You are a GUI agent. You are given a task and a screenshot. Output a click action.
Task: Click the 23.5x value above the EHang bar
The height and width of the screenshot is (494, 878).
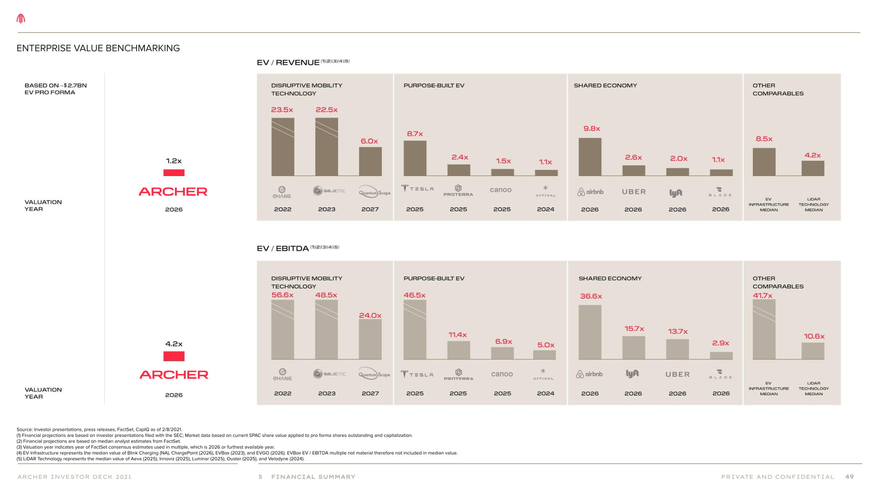pyautogui.click(x=282, y=110)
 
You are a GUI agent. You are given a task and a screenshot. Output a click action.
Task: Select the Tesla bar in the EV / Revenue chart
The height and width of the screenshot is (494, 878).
pyautogui.click(x=415, y=158)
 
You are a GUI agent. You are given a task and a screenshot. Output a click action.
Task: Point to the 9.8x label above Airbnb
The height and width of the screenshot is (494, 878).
pyautogui.click(x=591, y=129)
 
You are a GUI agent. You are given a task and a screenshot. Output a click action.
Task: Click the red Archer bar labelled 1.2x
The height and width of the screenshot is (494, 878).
pyautogui.click(x=174, y=173)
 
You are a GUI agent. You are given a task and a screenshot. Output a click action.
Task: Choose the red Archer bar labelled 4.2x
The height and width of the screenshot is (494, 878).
pyautogui.click(x=174, y=356)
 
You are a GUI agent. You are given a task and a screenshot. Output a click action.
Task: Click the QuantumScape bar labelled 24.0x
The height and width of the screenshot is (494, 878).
pyautogui.click(x=370, y=339)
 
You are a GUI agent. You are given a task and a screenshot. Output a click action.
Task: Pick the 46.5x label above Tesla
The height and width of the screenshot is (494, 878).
pyautogui.click(x=414, y=295)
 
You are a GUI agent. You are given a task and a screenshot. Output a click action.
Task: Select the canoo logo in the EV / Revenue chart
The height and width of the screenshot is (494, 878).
pyautogui.click(x=501, y=190)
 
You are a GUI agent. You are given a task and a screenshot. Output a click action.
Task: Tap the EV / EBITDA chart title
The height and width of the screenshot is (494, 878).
pyautogui.click(x=283, y=249)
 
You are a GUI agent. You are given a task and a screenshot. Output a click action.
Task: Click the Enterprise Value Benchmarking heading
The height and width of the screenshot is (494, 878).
pyautogui.click(x=98, y=48)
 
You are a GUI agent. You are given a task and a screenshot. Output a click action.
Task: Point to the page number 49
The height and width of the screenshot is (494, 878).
pyautogui.click(x=849, y=477)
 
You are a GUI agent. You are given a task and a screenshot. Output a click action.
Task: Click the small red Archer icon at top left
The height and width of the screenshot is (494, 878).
pyautogui.click(x=21, y=18)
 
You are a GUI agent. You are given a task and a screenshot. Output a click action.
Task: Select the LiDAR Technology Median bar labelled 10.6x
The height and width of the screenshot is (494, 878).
pyautogui.click(x=813, y=351)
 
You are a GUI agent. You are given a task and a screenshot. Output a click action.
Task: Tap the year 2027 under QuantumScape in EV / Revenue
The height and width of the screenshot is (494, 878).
pyautogui.click(x=370, y=209)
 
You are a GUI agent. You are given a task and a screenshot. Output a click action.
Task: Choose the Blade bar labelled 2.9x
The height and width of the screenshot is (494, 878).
pyautogui.click(x=721, y=356)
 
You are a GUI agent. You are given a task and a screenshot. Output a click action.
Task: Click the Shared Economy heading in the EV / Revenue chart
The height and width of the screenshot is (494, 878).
pyautogui.click(x=605, y=86)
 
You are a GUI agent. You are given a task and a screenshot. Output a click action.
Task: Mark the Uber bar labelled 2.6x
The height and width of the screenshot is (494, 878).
pyautogui.click(x=633, y=170)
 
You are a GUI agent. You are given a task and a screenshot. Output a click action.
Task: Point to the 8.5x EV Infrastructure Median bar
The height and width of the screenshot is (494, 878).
pyautogui.click(x=764, y=162)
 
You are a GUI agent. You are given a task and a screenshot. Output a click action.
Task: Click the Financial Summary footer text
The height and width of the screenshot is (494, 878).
pyautogui.click(x=313, y=477)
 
